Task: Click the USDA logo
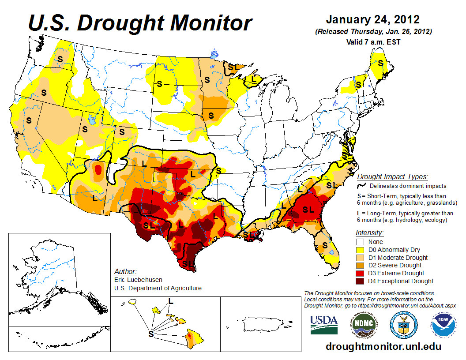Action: coord(324,325)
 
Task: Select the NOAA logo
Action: coord(443,325)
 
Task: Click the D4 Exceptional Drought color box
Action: coord(360,281)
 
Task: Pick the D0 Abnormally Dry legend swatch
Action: coord(360,250)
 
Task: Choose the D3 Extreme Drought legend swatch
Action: coord(360,273)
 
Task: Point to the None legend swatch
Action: coord(360,242)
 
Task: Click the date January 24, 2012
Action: coord(372,20)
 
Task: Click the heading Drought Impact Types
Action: coord(392,177)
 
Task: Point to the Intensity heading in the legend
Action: coord(369,232)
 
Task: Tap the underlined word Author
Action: coord(125,271)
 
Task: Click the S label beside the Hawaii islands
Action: coord(151,334)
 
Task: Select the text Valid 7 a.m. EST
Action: coord(372,42)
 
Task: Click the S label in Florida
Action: coord(325,245)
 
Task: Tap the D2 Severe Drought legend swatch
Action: coord(360,265)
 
